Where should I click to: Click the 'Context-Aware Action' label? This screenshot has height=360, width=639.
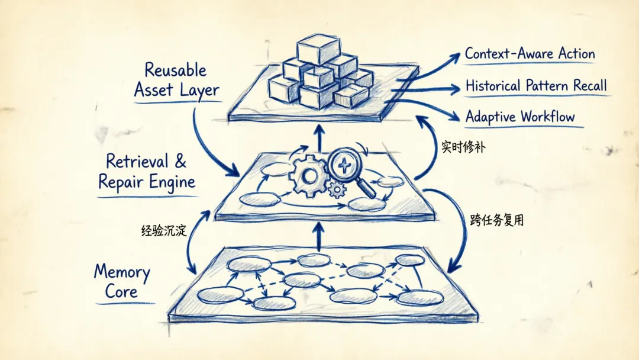530,54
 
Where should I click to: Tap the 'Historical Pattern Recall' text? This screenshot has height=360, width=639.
536,86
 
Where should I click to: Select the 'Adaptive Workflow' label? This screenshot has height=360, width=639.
520,117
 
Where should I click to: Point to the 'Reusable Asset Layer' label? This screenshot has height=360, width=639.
176,81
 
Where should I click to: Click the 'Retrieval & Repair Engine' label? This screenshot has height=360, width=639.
147,171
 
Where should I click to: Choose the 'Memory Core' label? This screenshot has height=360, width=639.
122,281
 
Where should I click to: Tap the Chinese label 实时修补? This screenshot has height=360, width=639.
463,147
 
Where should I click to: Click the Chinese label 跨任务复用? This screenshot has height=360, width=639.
496,220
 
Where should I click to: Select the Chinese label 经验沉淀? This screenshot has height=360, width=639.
164,230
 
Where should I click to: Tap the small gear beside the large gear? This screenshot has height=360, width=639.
337,189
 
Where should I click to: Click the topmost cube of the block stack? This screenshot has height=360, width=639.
318,50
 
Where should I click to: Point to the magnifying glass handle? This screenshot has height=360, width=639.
366,188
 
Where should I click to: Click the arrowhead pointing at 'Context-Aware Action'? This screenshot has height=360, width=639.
454,59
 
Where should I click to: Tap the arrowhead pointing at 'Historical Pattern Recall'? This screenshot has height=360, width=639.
454,89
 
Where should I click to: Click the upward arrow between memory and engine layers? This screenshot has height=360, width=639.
319,236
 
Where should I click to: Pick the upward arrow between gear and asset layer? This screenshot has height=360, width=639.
319,138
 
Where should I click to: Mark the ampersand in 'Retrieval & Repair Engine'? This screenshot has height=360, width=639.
180,161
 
